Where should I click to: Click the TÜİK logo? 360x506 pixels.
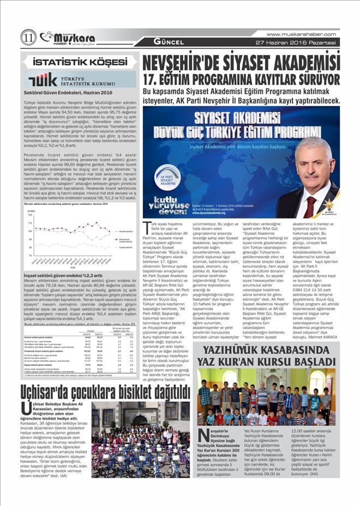pyautogui.click(x=43, y=80)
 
